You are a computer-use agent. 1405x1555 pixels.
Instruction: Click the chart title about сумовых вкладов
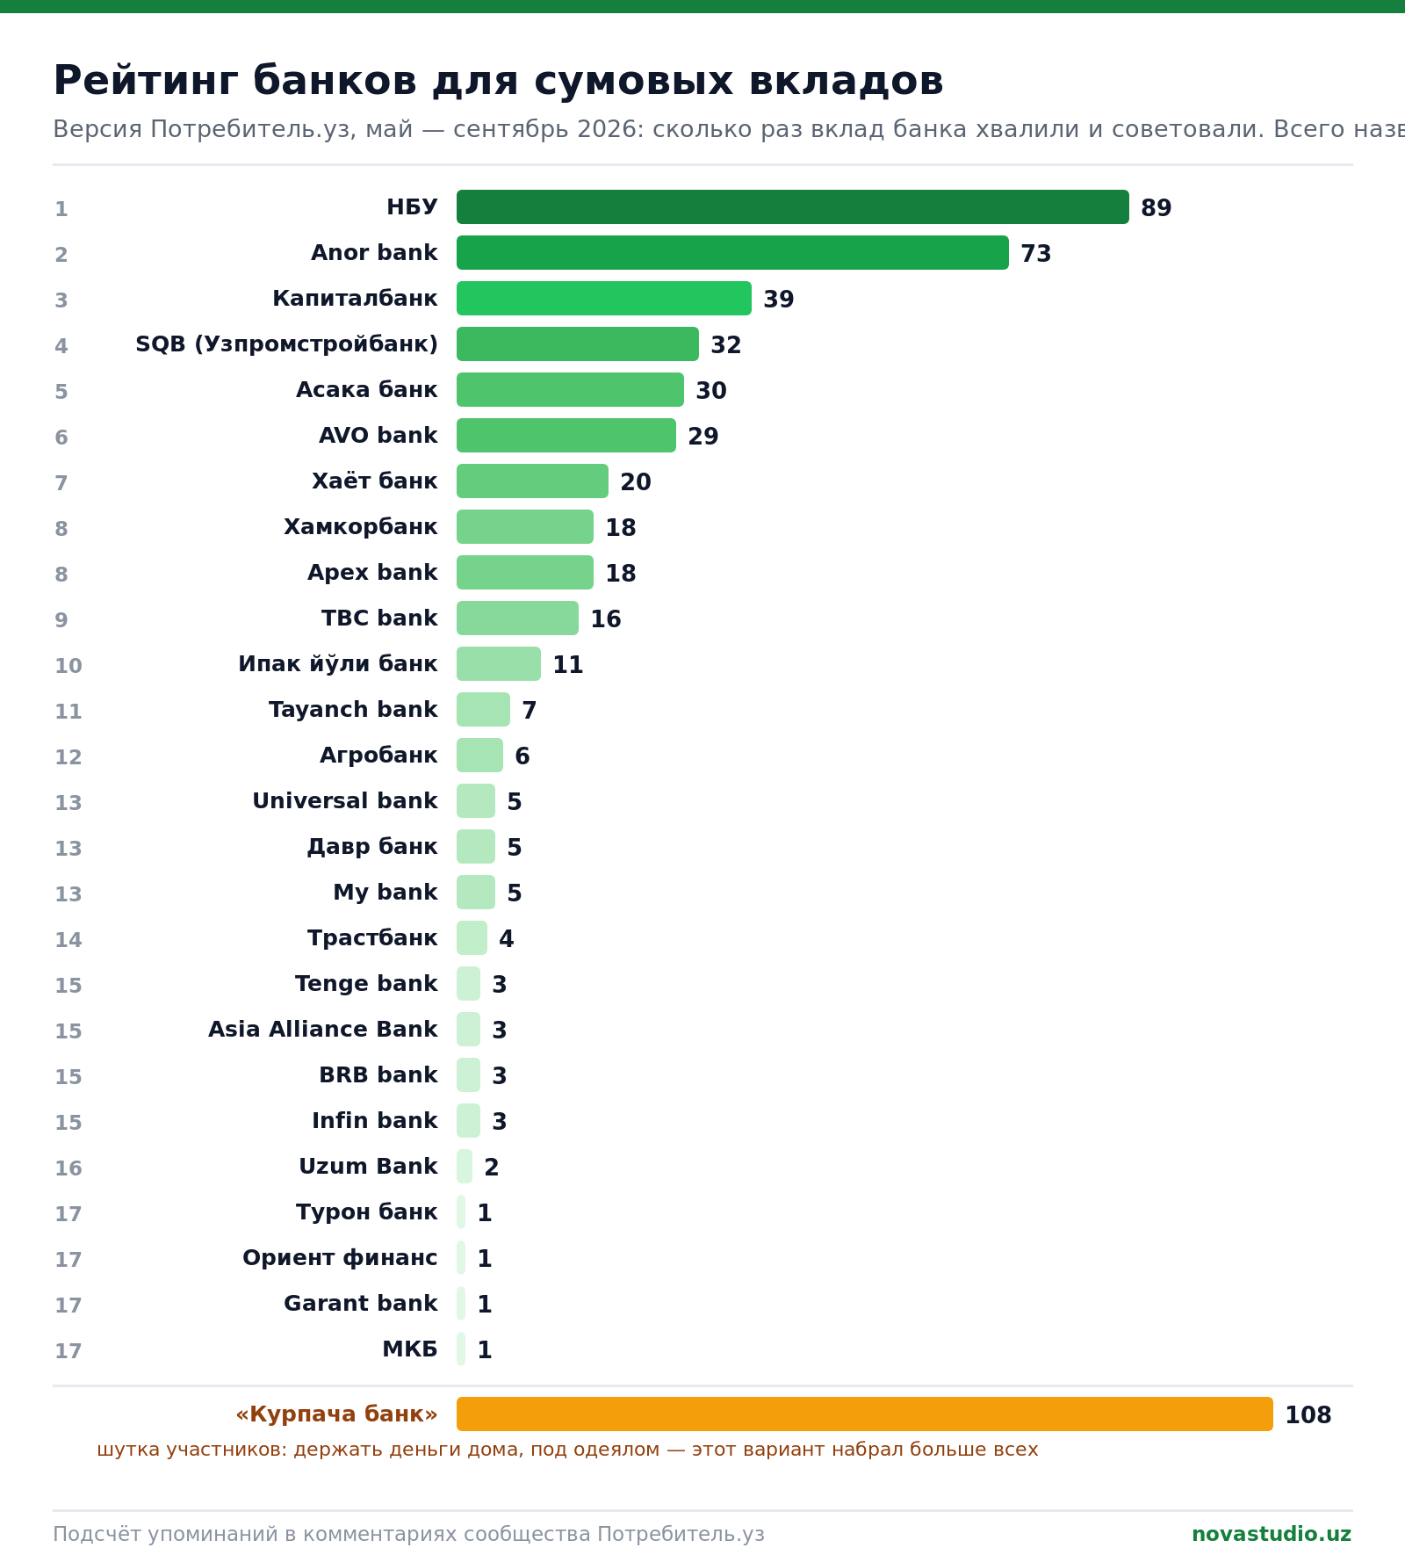click(498, 82)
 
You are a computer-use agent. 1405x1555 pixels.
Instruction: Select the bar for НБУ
click(793, 207)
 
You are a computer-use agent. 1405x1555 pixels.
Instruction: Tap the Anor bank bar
click(732, 253)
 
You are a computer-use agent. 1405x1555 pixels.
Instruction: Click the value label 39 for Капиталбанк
click(778, 300)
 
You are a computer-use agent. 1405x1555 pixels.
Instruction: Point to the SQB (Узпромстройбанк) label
click(286, 344)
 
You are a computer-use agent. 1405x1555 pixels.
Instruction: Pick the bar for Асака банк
click(570, 390)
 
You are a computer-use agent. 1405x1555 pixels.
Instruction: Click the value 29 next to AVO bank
click(702, 437)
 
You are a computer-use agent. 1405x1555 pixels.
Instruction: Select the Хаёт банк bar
click(532, 481)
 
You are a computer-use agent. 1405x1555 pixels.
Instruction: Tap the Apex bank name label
click(372, 573)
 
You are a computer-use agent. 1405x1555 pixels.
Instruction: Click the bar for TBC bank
click(517, 618)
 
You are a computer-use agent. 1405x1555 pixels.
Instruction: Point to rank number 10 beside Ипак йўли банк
click(68, 666)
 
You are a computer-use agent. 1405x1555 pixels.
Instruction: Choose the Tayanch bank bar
click(483, 710)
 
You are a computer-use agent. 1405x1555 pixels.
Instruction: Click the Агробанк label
click(378, 756)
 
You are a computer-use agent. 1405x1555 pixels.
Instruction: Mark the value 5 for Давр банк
click(514, 848)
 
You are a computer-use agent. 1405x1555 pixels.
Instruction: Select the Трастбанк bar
click(472, 938)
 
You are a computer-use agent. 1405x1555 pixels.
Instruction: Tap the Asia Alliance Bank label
click(322, 1030)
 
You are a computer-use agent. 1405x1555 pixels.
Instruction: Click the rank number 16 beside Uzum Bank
click(68, 1168)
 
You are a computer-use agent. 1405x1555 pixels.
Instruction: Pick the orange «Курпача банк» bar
click(865, 1414)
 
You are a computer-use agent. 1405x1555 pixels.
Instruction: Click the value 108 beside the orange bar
click(1308, 1415)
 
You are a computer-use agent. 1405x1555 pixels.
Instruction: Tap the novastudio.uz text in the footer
click(1272, 1534)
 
